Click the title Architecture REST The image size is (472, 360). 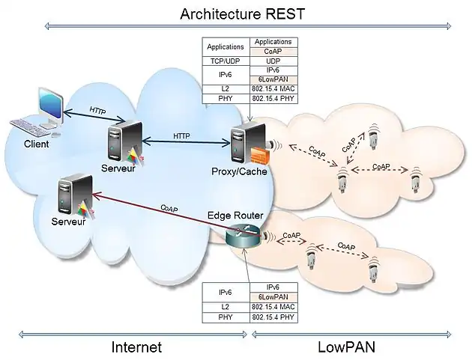243,13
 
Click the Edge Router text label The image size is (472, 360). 235,216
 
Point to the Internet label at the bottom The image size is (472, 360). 136,347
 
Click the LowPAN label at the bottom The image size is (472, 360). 346,347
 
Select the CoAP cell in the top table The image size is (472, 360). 273,51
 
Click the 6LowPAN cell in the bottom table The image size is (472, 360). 273,297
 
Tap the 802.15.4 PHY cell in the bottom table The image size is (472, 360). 273,317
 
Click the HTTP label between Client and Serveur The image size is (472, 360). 97,111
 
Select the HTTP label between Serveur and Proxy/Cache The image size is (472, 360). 181,136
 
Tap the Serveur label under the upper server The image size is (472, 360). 118,169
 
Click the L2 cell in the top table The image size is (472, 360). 226,88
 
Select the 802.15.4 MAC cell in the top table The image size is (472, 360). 273,88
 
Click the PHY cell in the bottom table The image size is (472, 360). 226,317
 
